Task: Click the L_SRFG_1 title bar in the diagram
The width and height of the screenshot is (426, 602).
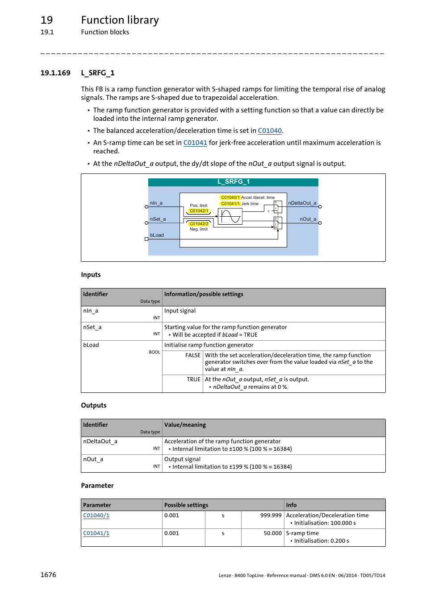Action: (x=233, y=182)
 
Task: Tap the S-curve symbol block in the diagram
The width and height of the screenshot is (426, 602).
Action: (x=230, y=217)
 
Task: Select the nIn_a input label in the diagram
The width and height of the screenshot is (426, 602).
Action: (x=156, y=203)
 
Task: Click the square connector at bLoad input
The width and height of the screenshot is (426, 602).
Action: (x=146, y=239)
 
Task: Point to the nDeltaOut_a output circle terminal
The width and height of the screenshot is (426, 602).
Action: (x=320, y=207)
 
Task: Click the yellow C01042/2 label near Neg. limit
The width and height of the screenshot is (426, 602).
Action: (x=199, y=224)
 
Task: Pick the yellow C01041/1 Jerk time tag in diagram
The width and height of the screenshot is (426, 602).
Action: (x=230, y=204)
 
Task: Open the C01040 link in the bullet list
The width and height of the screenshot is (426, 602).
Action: (x=270, y=131)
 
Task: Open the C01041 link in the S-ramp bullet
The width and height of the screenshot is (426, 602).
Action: (x=195, y=143)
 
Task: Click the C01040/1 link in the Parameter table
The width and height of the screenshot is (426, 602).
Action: (x=96, y=515)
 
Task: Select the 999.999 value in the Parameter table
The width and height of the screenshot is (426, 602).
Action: (x=271, y=515)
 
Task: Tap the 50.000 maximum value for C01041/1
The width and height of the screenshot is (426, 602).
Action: (x=272, y=533)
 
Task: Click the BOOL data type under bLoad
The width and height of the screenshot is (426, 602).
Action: (x=154, y=352)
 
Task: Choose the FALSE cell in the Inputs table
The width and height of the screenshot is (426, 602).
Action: (x=193, y=355)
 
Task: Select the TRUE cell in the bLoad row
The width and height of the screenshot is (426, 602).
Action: (x=193, y=379)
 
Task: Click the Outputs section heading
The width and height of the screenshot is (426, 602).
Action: (x=94, y=405)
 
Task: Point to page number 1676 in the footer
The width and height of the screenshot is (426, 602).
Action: (x=48, y=575)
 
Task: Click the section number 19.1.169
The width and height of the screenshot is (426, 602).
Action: (x=55, y=73)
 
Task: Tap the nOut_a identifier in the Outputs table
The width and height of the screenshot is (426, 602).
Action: (x=93, y=459)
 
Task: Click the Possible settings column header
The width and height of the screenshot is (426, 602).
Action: (x=186, y=505)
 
